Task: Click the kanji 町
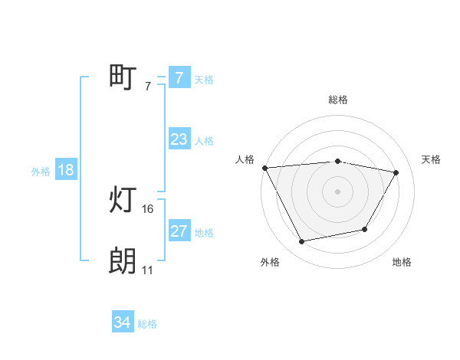[x=123, y=77]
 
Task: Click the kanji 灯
[x=123, y=201]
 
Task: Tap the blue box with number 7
[x=179, y=77]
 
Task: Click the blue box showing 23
[x=179, y=139]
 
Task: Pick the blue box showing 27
[x=179, y=231]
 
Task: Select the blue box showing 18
[x=66, y=170]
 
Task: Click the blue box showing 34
[x=123, y=322]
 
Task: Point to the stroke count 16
[x=148, y=208]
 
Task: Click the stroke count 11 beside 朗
[x=148, y=270]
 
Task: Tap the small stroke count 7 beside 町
[x=148, y=87]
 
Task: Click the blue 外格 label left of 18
[x=41, y=172]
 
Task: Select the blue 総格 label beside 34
[x=147, y=324]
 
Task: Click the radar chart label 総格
[x=338, y=100]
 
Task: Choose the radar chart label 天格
[x=432, y=159]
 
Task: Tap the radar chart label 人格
[x=245, y=159]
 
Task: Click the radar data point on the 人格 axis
[x=264, y=167]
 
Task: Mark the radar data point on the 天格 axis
[x=396, y=172]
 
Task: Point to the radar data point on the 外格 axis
[x=302, y=242]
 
